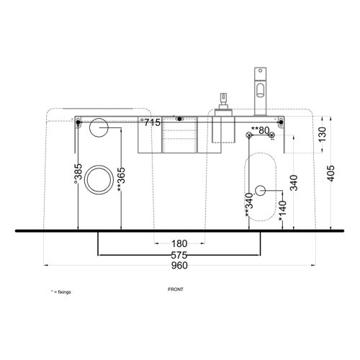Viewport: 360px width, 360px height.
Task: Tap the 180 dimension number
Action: point(179,244)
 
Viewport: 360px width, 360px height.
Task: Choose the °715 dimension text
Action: point(150,123)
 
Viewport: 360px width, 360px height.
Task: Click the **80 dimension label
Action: point(260,130)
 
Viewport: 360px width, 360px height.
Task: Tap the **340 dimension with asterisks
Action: point(249,204)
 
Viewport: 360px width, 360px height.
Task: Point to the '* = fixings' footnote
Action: point(61,292)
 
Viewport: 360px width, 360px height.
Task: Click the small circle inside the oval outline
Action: point(261,190)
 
